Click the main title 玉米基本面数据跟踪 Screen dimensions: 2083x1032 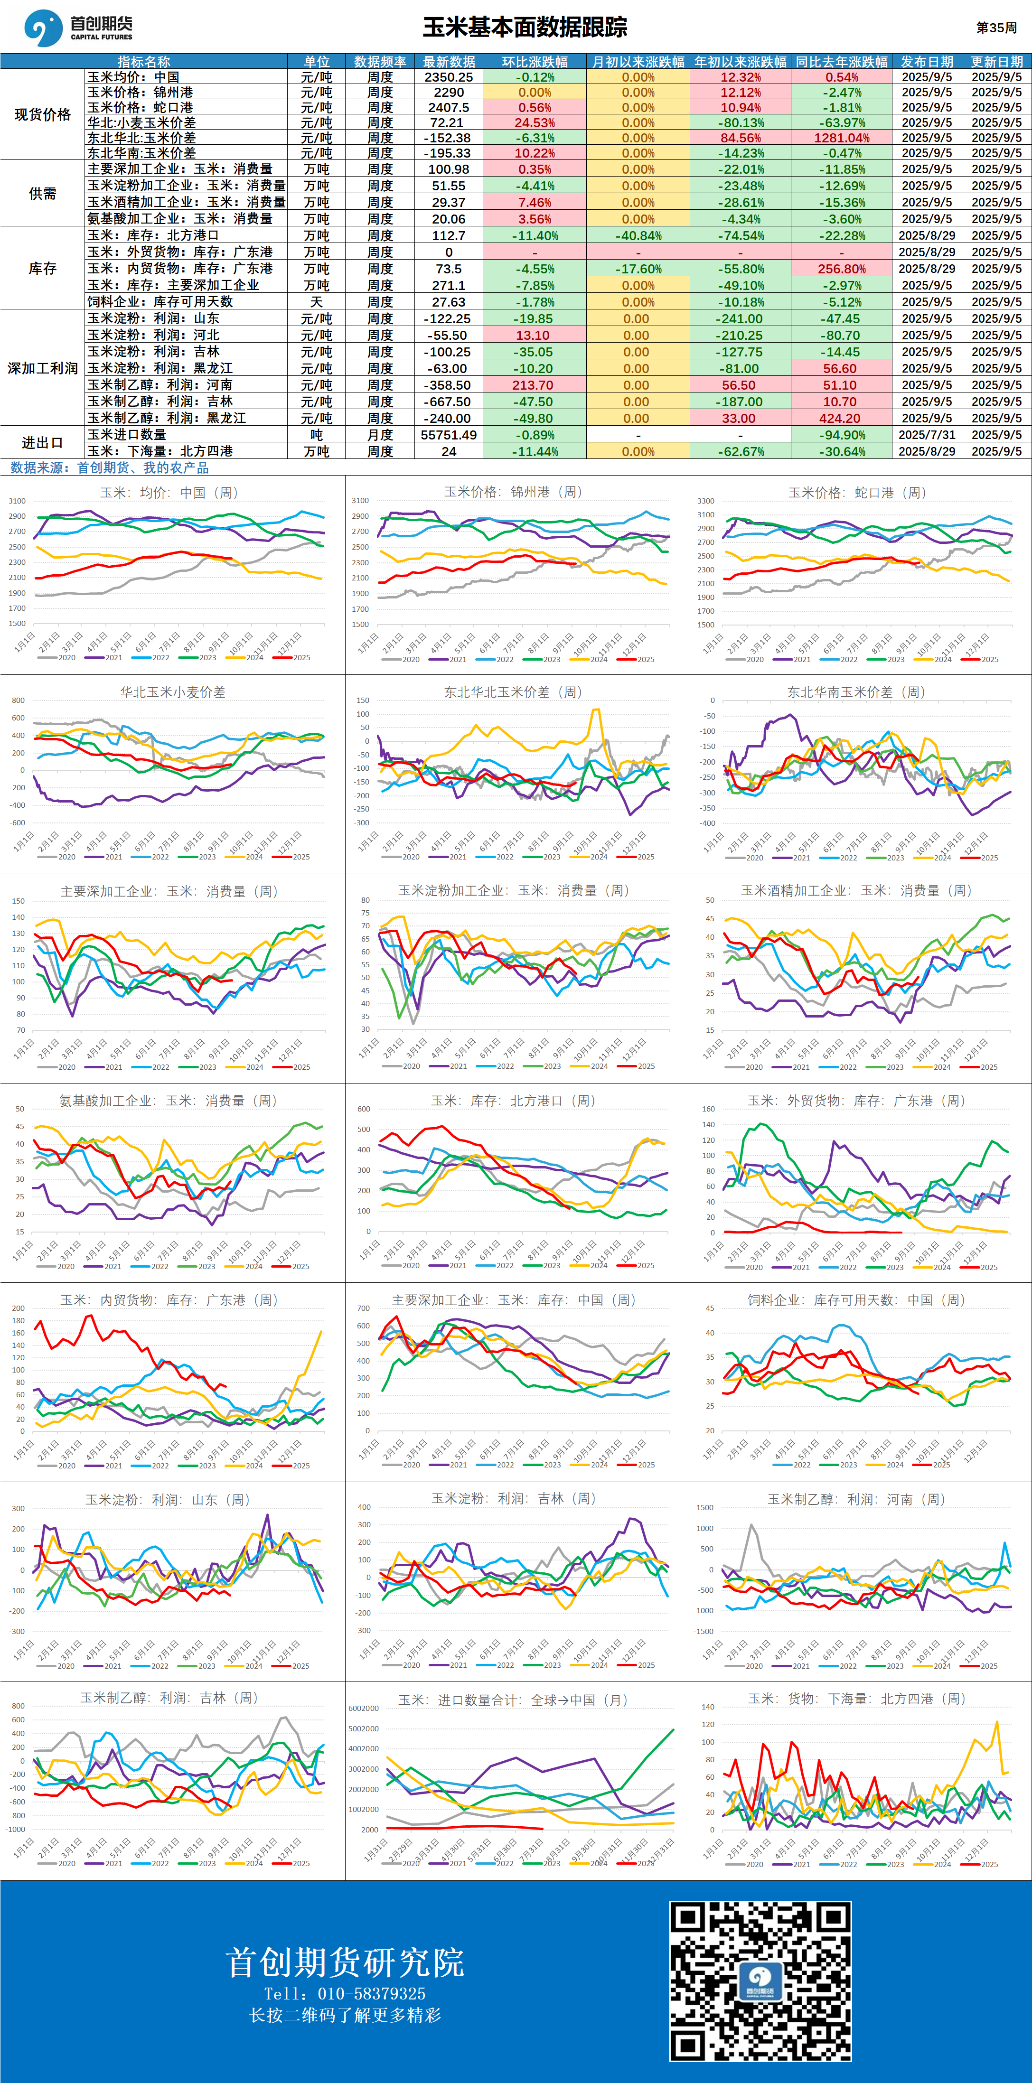coord(525,28)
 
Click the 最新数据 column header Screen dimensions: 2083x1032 coord(449,61)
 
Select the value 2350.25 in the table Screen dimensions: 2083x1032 coord(449,77)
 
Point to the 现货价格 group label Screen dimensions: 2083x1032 coord(43,115)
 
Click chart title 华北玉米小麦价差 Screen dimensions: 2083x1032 coord(172,692)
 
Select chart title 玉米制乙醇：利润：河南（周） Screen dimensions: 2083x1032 coord(856,1499)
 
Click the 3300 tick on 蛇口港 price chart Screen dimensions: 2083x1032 coord(705,501)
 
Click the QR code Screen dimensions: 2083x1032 coord(760,1981)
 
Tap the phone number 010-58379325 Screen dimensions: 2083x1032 coord(371,1993)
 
